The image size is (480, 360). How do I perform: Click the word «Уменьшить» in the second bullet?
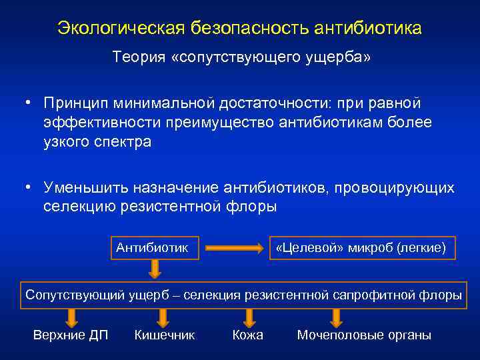(x=83, y=187)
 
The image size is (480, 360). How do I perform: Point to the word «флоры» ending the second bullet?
(x=252, y=207)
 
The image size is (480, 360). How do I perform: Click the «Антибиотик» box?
(x=153, y=248)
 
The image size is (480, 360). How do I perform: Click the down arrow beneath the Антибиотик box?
(x=154, y=269)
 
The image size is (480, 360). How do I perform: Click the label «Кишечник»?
(x=164, y=335)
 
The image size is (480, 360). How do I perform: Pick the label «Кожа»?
(x=247, y=335)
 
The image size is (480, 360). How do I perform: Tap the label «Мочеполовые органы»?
(x=364, y=335)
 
